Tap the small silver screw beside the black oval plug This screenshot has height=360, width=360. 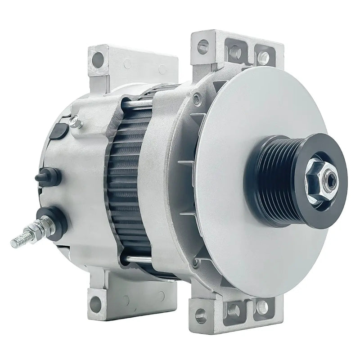click(76, 121)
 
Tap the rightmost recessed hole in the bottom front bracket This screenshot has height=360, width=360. click(261, 307)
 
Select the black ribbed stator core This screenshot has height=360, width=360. click(128, 180)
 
